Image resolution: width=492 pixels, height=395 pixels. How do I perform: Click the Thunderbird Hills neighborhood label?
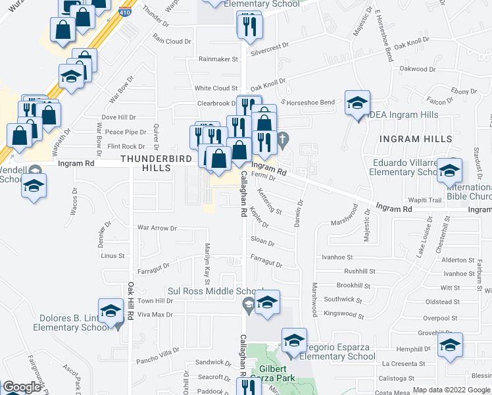point(156,163)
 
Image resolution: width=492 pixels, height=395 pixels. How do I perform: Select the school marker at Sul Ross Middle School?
point(266,303)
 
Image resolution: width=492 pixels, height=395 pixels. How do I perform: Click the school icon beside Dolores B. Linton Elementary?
point(111,311)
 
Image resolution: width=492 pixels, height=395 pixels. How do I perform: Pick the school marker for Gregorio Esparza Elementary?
point(294,341)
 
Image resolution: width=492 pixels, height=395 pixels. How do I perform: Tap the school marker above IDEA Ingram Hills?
point(357,103)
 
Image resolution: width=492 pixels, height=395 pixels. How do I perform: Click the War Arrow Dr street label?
point(157,228)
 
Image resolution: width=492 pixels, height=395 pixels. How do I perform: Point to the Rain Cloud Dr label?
point(172,40)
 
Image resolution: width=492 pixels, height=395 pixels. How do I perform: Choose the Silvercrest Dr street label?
point(270,47)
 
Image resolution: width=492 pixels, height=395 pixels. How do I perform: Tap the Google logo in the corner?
point(22,387)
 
